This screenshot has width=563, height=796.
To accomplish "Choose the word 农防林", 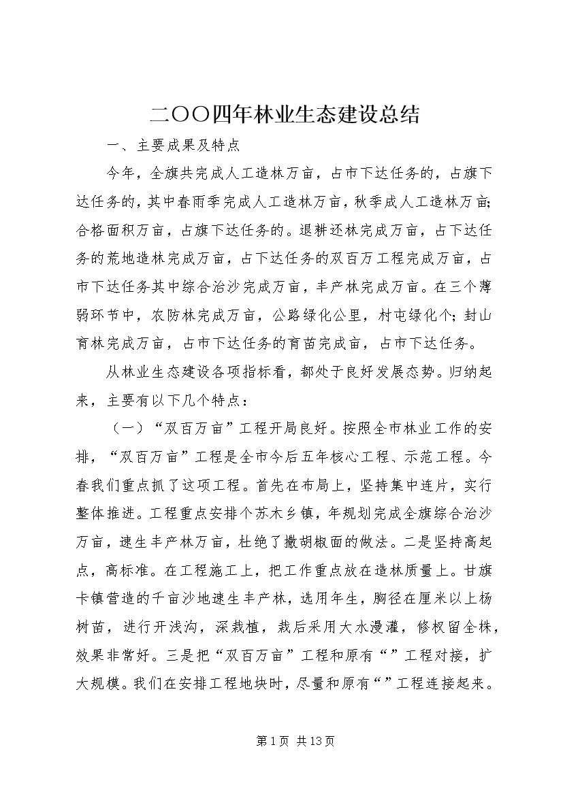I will tap(184, 315).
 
